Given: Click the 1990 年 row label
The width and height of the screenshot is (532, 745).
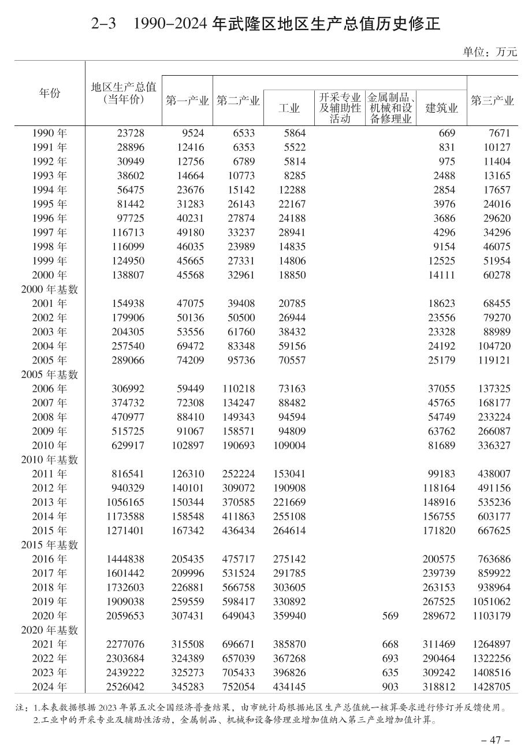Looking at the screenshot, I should pyautogui.click(x=50, y=133).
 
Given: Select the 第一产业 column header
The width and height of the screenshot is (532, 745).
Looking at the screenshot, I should pyautogui.click(x=187, y=101).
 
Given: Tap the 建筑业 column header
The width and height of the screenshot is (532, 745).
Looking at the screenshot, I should pyautogui.click(x=441, y=108).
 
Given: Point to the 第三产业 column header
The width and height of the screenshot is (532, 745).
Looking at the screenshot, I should pyautogui.click(x=492, y=101).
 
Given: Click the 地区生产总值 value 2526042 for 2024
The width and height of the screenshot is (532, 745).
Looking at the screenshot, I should pyautogui.click(x=125, y=687).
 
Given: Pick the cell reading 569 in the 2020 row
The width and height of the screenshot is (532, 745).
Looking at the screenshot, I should pyautogui.click(x=390, y=616).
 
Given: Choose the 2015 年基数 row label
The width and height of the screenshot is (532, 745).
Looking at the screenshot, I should pyautogui.click(x=50, y=545).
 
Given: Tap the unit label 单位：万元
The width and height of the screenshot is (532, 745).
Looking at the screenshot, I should pyautogui.click(x=490, y=52).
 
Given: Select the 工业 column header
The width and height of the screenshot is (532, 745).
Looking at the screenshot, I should pyautogui.click(x=289, y=108).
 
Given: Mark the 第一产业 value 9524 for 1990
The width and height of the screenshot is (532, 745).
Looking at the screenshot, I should pyautogui.click(x=192, y=133).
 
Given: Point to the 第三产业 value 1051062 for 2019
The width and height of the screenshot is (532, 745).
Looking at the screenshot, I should pyautogui.click(x=490, y=602).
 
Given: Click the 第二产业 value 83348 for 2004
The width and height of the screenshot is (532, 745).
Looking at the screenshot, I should pyautogui.click(x=239, y=346).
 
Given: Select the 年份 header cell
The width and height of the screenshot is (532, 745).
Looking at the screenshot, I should pyautogui.click(x=50, y=93).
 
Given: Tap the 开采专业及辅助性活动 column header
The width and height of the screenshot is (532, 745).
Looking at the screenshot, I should pyautogui.click(x=340, y=108).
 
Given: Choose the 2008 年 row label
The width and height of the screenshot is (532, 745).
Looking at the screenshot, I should pyautogui.click(x=50, y=417).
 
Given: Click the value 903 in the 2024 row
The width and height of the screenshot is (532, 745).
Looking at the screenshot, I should pyautogui.click(x=390, y=687).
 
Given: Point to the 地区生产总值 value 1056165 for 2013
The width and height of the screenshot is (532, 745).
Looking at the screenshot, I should pyautogui.click(x=125, y=502).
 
